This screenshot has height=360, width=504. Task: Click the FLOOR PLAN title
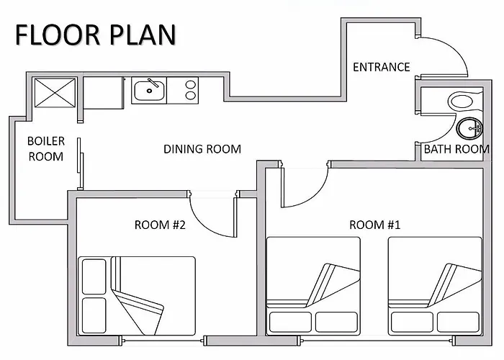(96, 35)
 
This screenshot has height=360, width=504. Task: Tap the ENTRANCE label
(382, 67)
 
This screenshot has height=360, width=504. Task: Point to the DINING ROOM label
(202, 149)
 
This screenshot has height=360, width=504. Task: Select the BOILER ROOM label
(46, 149)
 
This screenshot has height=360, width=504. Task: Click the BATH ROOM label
(456, 149)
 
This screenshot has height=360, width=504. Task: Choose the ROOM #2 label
(160, 225)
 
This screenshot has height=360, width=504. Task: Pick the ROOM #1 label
(375, 225)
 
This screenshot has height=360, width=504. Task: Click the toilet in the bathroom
(465, 102)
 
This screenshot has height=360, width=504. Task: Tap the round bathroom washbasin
(469, 129)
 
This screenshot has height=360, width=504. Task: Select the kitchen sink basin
(149, 91)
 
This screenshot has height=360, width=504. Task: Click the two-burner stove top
(183, 90)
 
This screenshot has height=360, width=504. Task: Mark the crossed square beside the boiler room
(55, 93)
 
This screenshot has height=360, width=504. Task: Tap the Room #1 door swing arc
(315, 196)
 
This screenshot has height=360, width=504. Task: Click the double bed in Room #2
(137, 296)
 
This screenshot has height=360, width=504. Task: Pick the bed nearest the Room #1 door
(313, 286)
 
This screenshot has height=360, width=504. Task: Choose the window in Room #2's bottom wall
(162, 341)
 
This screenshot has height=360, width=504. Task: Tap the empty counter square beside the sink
(104, 93)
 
